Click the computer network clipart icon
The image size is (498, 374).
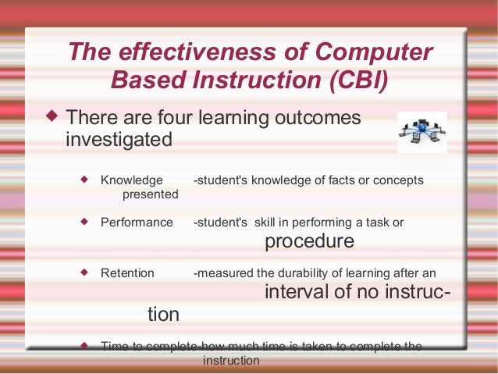click(422, 132)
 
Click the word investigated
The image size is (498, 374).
click(118, 140)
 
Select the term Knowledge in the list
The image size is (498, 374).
click(132, 180)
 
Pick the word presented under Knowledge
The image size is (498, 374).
click(150, 194)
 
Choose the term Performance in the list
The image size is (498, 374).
click(137, 223)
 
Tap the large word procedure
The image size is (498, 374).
click(309, 241)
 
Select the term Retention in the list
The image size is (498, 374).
click(127, 273)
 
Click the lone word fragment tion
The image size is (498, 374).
click(163, 315)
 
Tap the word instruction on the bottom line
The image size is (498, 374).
click(230, 361)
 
